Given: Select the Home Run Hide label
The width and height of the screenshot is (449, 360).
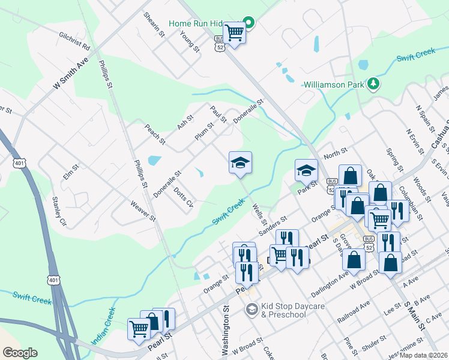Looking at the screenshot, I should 204,23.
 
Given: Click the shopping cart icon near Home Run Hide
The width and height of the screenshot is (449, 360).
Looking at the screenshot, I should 234,33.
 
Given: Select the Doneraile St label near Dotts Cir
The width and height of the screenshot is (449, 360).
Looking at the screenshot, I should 167,184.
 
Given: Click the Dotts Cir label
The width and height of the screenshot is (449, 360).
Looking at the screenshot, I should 183,198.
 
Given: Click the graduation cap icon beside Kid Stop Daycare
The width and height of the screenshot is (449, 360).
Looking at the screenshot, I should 252,309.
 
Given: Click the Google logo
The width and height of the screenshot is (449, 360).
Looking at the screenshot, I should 20,353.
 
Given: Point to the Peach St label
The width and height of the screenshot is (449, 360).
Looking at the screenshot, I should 155,135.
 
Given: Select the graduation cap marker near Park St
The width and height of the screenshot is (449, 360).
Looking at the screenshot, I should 306,171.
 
